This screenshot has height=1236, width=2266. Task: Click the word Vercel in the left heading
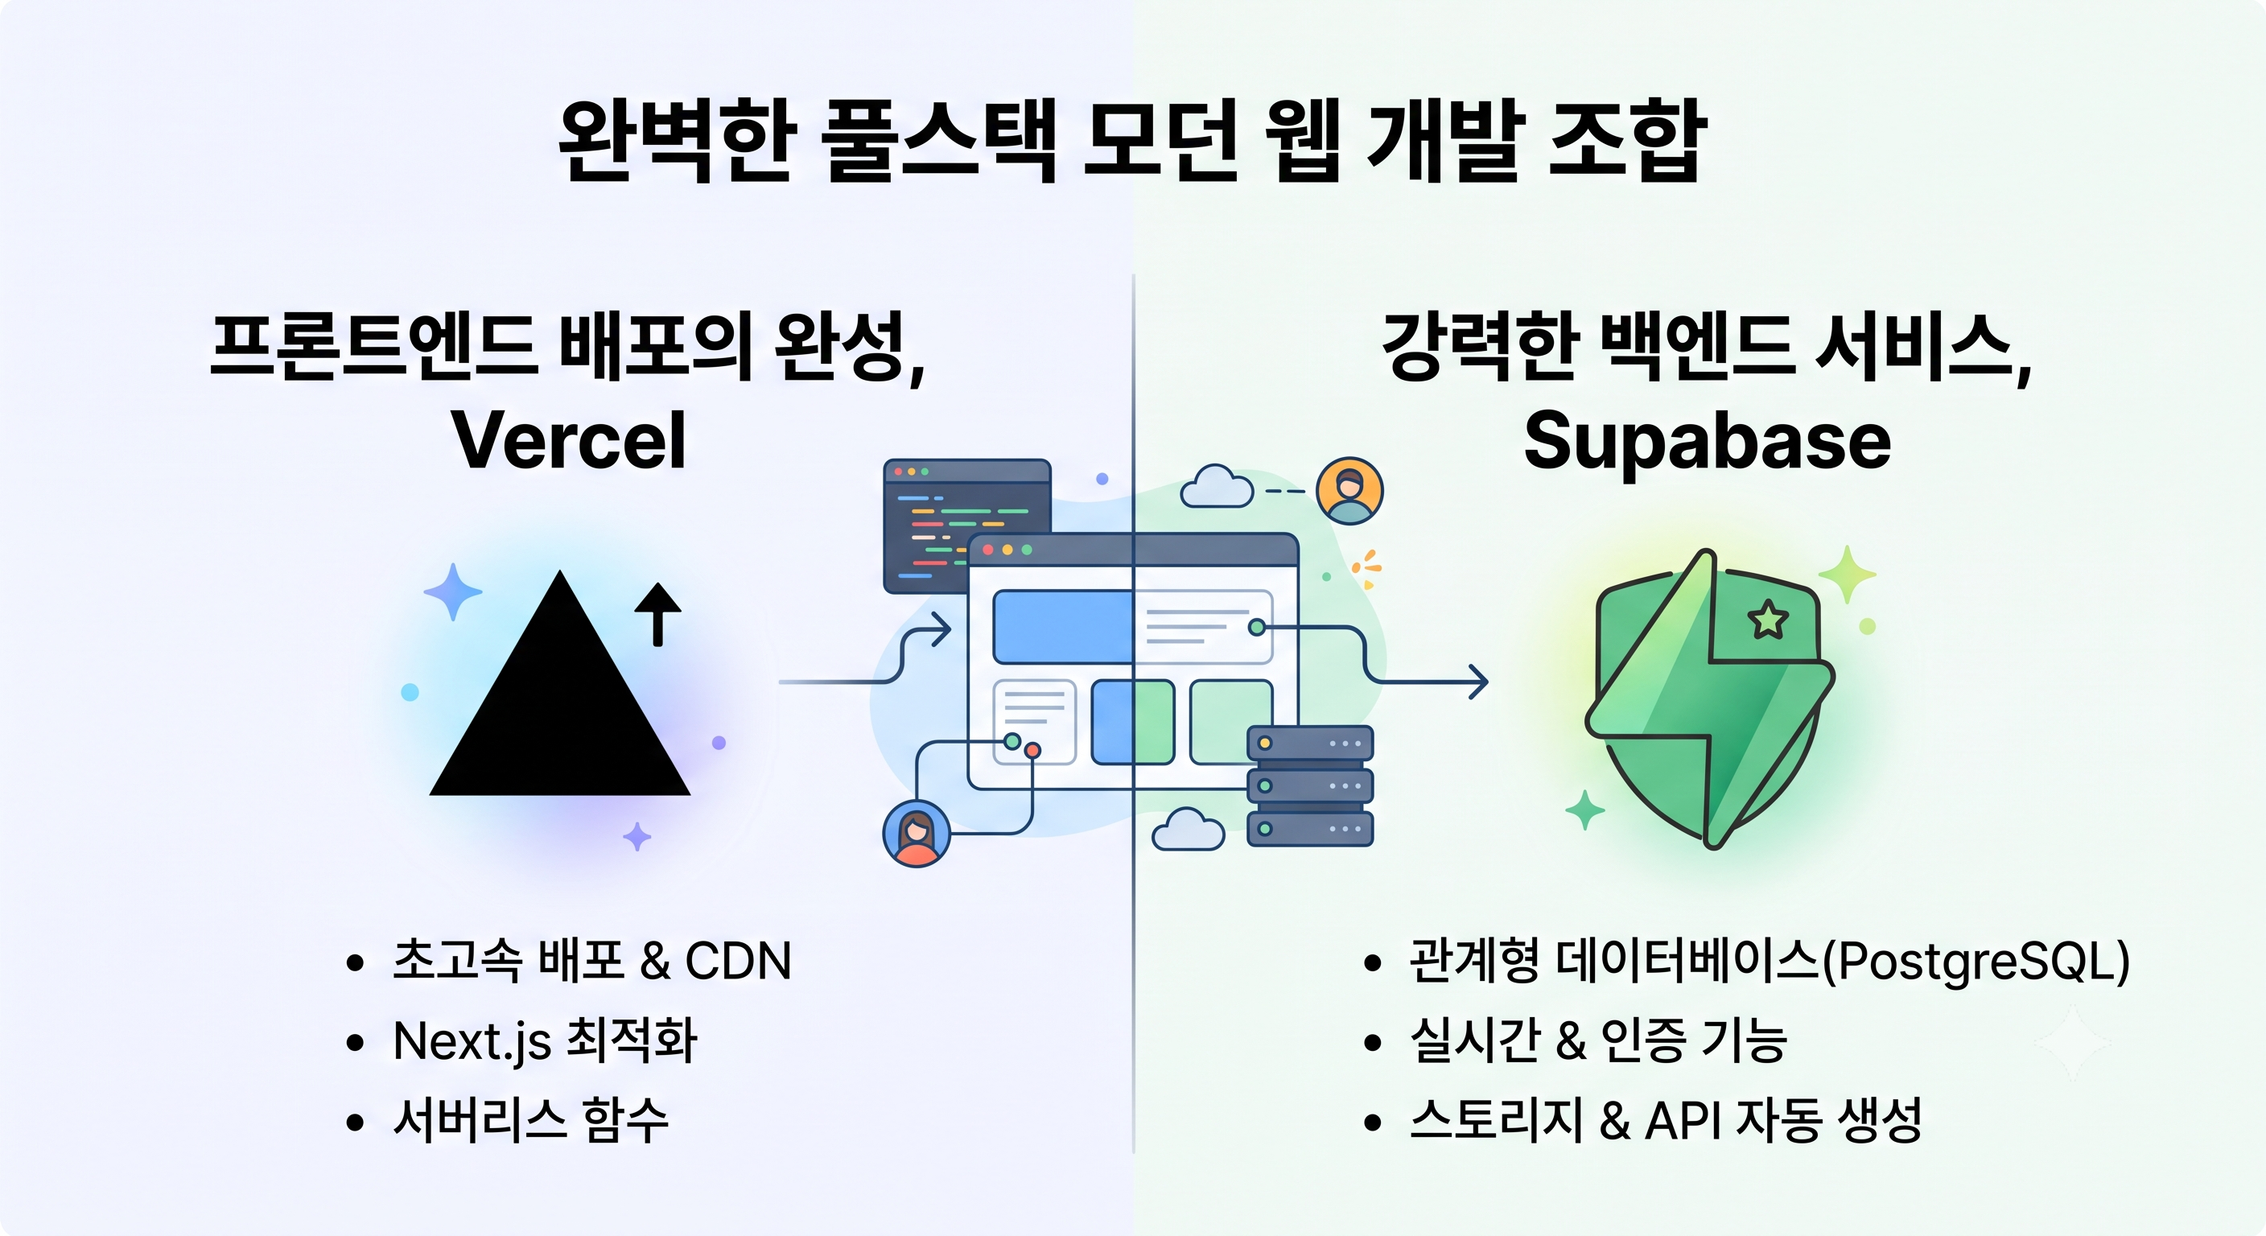[568, 440]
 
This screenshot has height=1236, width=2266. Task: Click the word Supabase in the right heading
[1708, 443]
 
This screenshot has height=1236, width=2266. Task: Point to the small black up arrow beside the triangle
[658, 614]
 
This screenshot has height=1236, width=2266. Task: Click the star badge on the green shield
[1768, 620]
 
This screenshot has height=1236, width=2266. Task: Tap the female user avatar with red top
[917, 834]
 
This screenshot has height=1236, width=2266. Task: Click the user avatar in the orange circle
[1349, 491]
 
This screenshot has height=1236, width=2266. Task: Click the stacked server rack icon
[1311, 785]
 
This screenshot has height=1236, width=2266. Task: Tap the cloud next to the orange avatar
[1217, 487]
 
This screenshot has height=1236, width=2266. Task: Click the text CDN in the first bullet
[738, 961]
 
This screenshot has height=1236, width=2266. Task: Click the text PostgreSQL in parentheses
[1976, 962]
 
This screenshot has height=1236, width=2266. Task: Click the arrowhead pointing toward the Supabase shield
[1478, 682]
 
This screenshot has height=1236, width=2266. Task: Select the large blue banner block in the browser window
[1063, 626]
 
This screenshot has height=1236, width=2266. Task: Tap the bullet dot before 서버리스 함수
[356, 1123]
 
